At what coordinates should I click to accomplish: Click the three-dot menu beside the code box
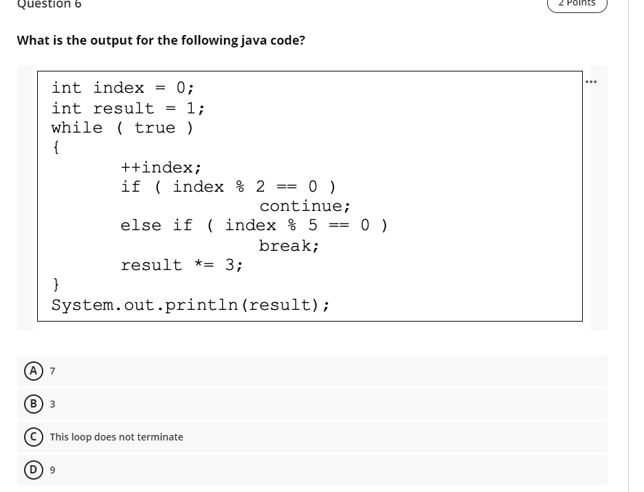click(x=590, y=82)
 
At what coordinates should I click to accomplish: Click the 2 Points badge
click(x=577, y=4)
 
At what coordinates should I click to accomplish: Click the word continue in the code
click(x=305, y=206)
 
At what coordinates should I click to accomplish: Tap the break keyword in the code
click(x=289, y=245)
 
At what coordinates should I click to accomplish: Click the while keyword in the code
click(x=77, y=128)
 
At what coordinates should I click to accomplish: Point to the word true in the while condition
click(x=155, y=128)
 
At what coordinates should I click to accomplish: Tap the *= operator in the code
click(x=203, y=265)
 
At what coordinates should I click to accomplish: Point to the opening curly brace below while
click(x=56, y=147)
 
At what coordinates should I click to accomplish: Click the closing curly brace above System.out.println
click(x=56, y=284)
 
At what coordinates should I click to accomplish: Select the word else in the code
click(x=142, y=225)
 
